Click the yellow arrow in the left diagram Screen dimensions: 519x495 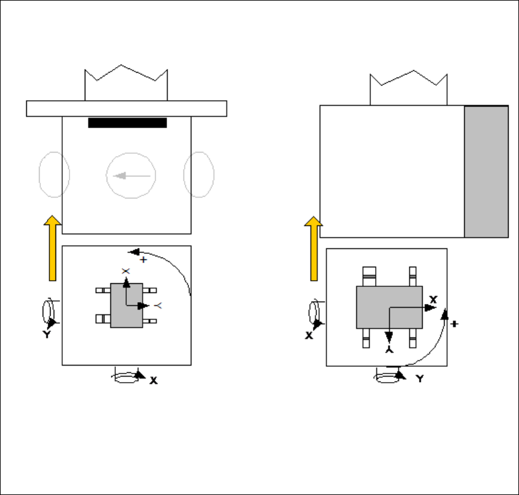[x=52, y=248]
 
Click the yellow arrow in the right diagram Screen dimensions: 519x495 [x=313, y=248]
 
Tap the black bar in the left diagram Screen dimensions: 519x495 [x=127, y=123]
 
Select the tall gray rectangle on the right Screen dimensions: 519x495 [x=486, y=172]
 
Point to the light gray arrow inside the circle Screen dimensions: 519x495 [x=132, y=176]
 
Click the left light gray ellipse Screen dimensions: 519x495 [x=54, y=175]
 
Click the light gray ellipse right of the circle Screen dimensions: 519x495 [x=199, y=175]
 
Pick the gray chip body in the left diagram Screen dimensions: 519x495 [x=126, y=305]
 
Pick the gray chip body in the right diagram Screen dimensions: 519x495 [x=389, y=307]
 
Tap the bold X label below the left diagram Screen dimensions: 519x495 [x=153, y=381]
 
